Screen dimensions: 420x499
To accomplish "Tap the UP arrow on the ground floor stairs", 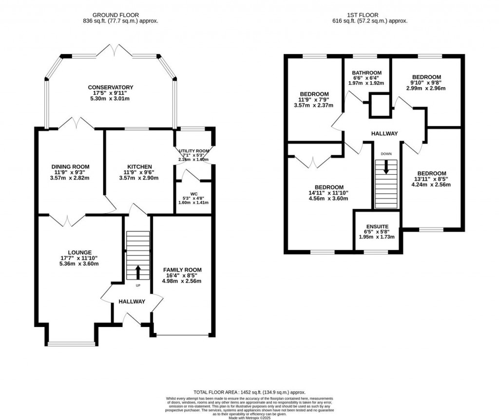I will (x=138, y=271).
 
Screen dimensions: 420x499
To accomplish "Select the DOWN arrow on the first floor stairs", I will (x=386, y=167).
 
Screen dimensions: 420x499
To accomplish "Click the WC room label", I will (x=193, y=193).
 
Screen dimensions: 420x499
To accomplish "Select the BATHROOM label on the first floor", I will (x=367, y=73).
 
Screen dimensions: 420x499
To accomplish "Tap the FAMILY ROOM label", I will (x=182, y=270).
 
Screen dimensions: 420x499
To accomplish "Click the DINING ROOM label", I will (x=71, y=166).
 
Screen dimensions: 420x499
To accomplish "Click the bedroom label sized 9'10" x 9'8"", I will (x=426, y=77).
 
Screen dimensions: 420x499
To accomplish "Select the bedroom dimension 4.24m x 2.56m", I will (x=431, y=184).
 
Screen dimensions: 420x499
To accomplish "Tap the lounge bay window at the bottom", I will (x=72, y=344).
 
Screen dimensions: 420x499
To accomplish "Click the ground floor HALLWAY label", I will (x=132, y=302).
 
